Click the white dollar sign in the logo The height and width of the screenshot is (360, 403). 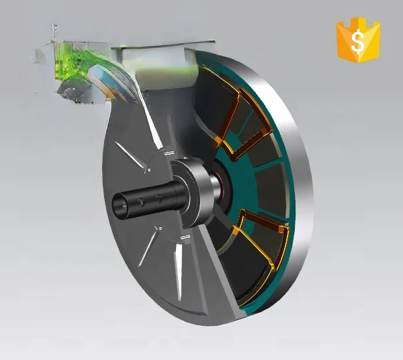tap(358, 42)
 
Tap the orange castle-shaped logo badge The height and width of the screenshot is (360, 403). tap(358, 40)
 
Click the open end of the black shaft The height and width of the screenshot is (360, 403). tap(120, 206)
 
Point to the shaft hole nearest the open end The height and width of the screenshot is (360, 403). tap(141, 202)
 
